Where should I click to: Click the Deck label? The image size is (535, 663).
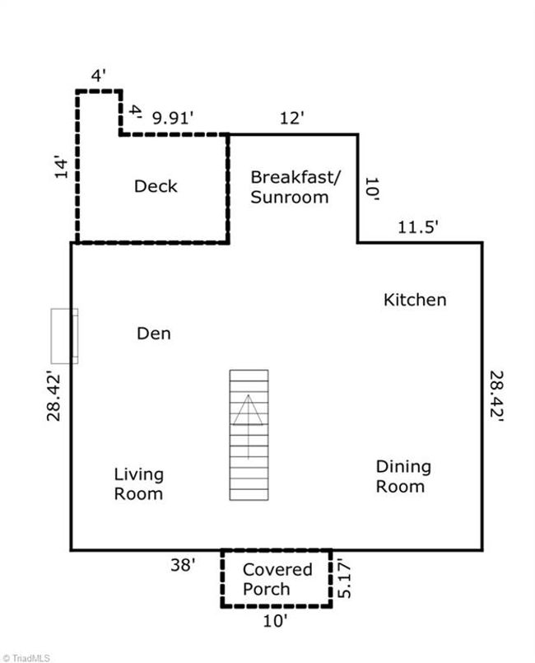[156, 186]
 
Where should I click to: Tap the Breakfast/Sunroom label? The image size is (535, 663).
[295, 187]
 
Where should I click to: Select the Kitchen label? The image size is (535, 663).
[415, 300]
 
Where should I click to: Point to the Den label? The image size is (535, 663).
[154, 334]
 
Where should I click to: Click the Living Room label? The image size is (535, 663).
[138, 484]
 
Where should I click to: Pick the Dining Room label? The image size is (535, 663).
[403, 477]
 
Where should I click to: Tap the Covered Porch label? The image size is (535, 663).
[277, 579]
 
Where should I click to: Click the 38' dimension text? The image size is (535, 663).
[183, 565]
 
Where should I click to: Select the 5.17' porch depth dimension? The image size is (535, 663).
[345, 579]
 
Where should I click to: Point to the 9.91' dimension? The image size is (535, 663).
[173, 118]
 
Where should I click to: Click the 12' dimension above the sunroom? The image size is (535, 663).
[292, 118]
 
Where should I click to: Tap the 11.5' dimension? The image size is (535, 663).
[417, 227]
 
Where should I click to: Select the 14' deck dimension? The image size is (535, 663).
[61, 168]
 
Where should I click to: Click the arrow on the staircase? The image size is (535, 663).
[248, 427]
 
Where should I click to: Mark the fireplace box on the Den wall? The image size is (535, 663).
[64, 336]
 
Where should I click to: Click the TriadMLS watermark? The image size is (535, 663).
[26, 658]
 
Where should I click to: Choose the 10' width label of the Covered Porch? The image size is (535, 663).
[275, 621]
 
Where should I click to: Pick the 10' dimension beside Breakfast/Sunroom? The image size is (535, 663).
[372, 189]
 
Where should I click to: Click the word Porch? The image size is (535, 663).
[266, 589]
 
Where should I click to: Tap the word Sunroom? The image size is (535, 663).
[290, 198]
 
